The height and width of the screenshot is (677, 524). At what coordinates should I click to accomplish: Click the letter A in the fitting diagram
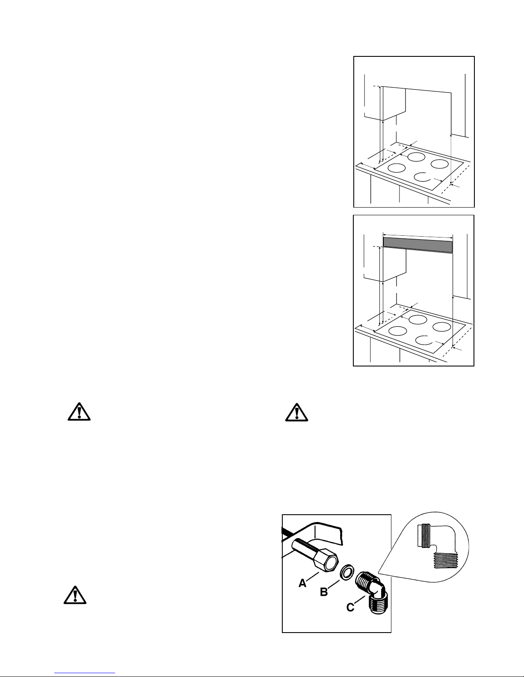point(302,583)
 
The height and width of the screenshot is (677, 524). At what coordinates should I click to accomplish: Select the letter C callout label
point(350,607)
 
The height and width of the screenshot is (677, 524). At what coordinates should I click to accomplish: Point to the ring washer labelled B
point(346,572)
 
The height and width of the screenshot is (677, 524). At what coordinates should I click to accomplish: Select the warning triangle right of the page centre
point(296,413)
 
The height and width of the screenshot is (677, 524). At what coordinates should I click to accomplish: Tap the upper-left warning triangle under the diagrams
point(78,411)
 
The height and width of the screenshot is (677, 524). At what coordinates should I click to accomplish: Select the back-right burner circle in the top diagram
point(439,164)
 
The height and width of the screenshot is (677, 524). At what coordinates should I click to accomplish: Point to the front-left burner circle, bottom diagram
point(397,331)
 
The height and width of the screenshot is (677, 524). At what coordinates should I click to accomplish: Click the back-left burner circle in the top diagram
point(415,156)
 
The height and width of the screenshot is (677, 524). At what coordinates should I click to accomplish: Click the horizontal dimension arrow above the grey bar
point(417,235)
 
